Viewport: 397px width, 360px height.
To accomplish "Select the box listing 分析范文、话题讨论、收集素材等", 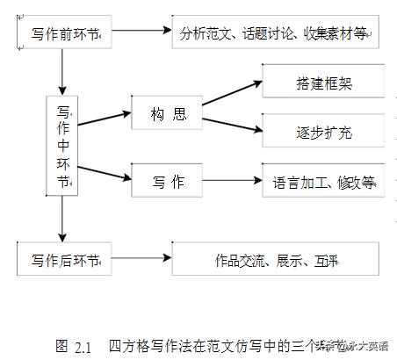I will [275, 33].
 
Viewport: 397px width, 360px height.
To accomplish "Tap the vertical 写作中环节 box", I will [63, 145].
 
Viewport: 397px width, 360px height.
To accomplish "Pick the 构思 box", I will [168, 114].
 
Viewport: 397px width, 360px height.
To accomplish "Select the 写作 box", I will [168, 183].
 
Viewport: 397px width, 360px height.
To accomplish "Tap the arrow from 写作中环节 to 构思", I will [105, 116].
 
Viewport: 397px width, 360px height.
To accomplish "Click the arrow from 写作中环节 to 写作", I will [105, 182].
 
